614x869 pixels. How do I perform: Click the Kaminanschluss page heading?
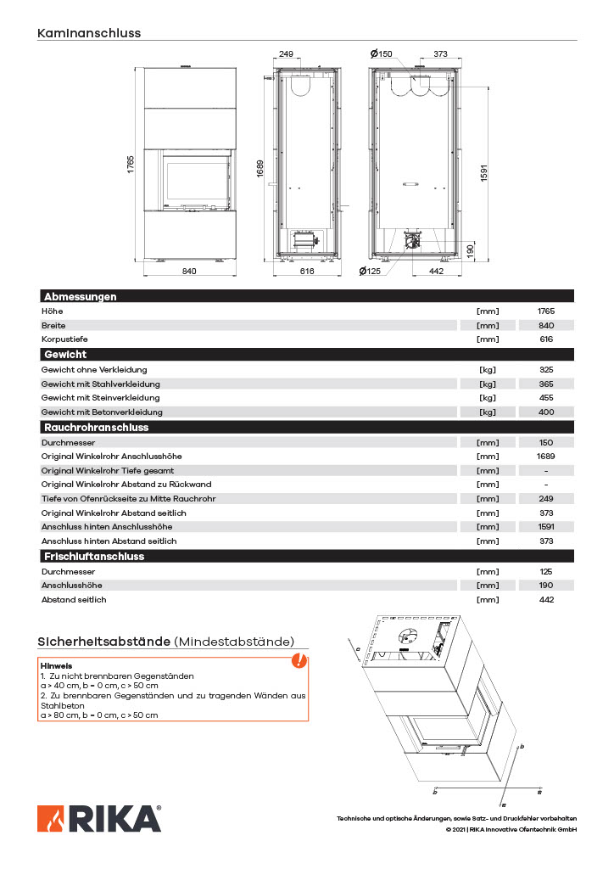click(89, 33)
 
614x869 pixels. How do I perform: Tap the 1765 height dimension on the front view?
click(132, 165)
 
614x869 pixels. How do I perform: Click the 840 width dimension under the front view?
click(189, 272)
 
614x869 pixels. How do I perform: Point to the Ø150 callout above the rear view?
click(382, 54)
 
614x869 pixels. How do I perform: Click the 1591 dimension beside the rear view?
click(484, 171)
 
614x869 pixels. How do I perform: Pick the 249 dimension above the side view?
click(286, 54)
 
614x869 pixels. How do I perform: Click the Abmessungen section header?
click(80, 297)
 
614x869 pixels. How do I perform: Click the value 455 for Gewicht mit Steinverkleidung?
click(546, 398)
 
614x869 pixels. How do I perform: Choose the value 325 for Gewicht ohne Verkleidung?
click(546, 370)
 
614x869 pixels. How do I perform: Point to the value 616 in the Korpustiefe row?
click(546, 339)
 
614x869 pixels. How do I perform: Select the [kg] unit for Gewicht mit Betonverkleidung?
click(488, 412)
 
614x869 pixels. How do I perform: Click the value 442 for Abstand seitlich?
click(546, 600)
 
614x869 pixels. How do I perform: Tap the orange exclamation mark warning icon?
click(299, 660)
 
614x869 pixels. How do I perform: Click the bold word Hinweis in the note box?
click(57, 666)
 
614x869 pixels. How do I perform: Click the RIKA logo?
click(99, 818)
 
